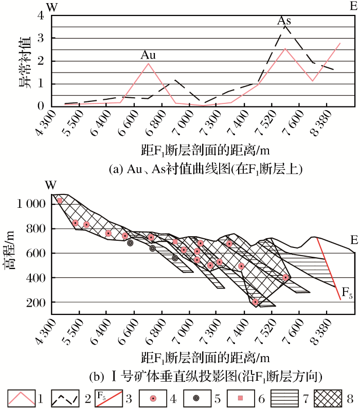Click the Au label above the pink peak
point(148,55)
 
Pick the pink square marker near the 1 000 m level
point(60,201)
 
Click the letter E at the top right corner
point(353,6)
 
